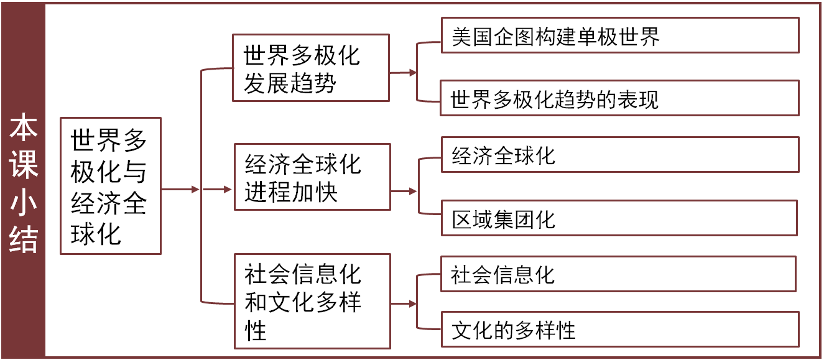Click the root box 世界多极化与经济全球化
[x=110, y=185]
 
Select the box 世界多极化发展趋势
[x=310, y=68]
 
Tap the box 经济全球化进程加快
[x=312, y=177]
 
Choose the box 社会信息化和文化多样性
[x=312, y=301]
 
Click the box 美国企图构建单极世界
[x=619, y=35]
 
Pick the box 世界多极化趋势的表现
[x=619, y=98]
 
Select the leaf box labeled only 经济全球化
[x=619, y=155]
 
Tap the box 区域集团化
[x=619, y=218]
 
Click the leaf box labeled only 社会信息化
[x=619, y=274]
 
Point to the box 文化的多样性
[x=619, y=329]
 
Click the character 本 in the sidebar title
[x=24, y=127]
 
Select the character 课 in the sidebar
[x=24, y=164]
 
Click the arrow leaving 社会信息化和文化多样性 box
[x=404, y=304]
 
